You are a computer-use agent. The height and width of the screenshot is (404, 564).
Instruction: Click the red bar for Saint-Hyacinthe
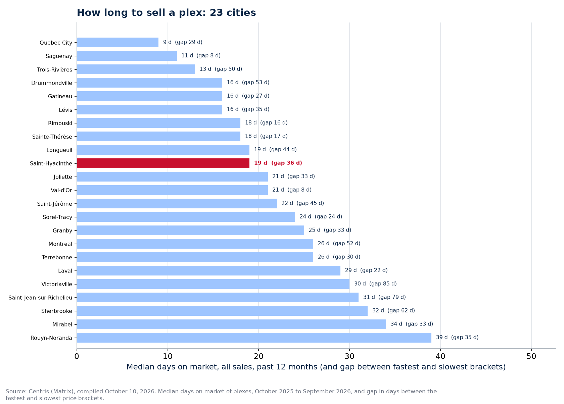point(163,163)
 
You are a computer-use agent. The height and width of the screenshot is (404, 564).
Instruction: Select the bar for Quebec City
point(117,43)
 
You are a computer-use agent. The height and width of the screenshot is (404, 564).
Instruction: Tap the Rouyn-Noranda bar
point(254,338)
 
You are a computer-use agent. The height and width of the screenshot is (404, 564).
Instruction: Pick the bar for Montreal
point(195,244)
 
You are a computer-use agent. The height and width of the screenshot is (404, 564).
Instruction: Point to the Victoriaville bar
point(213,284)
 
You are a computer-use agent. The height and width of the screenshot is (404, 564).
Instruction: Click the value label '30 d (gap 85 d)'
point(375,284)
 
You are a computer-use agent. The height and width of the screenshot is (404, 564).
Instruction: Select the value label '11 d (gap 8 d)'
point(201,56)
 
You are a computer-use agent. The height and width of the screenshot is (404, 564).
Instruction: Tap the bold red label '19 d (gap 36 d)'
point(278,163)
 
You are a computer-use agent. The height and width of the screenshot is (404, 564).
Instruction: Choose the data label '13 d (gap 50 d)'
point(221,69)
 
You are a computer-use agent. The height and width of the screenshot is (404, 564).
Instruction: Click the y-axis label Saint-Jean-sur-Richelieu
point(40,298)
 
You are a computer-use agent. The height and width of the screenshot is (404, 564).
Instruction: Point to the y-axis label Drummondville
point(52,83)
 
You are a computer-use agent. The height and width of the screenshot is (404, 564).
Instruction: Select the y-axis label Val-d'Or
point(61,190)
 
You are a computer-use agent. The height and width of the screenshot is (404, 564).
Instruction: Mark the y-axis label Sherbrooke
point(57,311)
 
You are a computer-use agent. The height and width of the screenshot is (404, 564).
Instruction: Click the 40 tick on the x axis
point(440,356)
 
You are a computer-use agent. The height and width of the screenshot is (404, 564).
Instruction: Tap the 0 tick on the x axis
point(77,356)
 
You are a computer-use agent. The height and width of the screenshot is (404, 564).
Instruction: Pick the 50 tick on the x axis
point(531,356)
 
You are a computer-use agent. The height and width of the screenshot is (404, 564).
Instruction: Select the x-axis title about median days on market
point(316,367)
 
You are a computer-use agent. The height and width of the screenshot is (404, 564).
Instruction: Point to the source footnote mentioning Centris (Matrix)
point(221,395)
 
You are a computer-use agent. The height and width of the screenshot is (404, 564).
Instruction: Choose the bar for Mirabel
point(231,324)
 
